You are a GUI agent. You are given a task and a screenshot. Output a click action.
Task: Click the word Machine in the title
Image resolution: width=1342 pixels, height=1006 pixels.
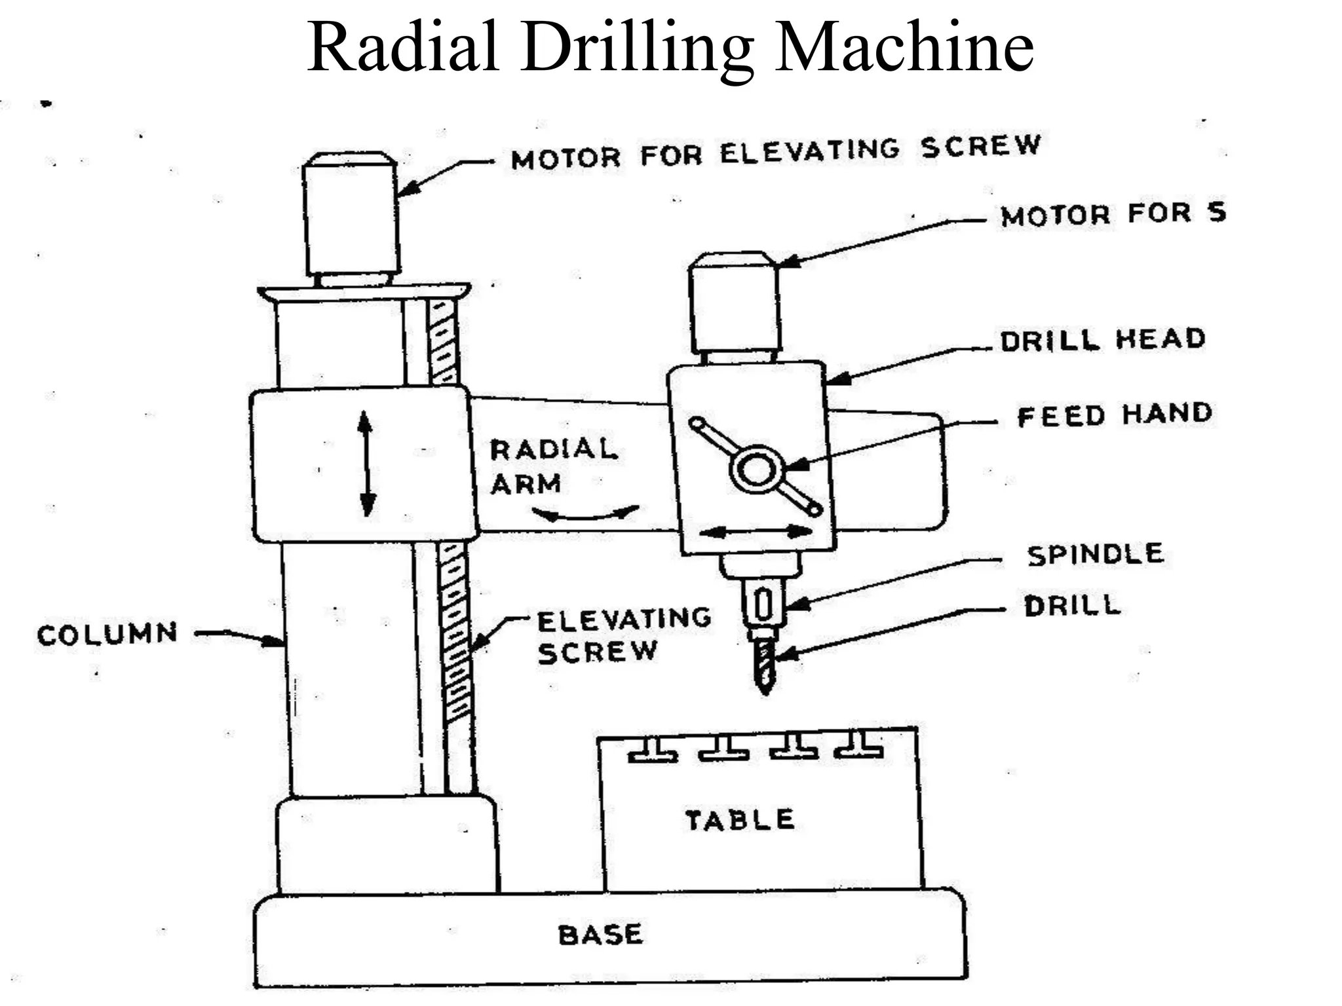click(904, 47)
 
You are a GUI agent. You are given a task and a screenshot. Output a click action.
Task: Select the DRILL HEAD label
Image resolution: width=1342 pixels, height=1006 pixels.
click(1103, 340)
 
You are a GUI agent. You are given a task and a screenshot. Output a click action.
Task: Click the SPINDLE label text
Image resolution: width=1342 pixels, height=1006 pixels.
click(1095, 555)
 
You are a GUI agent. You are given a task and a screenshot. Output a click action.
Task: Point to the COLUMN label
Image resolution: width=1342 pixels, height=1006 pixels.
click(107, 634)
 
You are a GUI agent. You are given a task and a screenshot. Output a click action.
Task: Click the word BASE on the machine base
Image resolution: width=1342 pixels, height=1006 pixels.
click(600, 935)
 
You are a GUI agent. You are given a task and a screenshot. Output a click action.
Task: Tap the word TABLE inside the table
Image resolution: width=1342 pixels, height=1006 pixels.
click(740, 820)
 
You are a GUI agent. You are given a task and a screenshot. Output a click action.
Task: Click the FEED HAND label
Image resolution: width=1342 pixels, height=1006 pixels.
click(1114, 415)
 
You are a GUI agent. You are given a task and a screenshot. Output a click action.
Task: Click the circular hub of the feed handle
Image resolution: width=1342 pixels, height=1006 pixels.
click(756, 470)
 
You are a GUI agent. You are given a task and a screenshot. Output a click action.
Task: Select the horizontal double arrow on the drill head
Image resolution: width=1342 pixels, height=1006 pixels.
click(756, 531)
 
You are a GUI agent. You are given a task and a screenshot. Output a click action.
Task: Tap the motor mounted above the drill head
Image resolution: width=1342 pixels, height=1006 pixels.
click(735, 305)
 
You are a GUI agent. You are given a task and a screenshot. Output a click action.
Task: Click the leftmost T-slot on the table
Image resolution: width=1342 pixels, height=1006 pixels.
click(653, 750)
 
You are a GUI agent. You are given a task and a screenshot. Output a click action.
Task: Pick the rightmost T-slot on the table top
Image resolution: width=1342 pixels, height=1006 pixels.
click(858, 749)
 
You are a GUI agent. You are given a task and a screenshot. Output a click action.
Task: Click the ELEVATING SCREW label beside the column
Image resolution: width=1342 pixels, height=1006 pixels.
click(623, 635)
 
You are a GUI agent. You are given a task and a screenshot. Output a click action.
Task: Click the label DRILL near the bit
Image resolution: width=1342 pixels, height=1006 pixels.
click(1073, 606)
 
